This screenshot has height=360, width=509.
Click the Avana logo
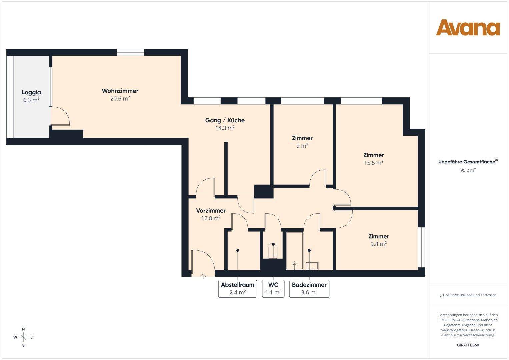468,27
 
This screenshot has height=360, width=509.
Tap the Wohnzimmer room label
120,91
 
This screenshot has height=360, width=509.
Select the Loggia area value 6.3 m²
31,100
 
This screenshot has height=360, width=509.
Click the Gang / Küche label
225,120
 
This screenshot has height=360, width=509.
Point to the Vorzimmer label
211,211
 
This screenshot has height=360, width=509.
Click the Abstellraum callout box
238,289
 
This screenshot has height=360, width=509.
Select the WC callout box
273,289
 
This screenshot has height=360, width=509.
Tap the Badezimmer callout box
309,289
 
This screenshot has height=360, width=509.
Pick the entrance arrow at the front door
203,275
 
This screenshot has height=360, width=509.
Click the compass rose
23,337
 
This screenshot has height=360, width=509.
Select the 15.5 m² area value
373,163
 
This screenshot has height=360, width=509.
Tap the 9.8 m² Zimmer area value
378,244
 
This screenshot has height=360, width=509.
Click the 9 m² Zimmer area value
302,146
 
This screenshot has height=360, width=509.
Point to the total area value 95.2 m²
468,170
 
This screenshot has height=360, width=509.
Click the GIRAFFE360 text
468,345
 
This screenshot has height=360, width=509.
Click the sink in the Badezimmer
312,266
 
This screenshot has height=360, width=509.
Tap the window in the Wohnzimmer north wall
130,52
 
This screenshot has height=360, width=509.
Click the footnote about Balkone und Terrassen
468,295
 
